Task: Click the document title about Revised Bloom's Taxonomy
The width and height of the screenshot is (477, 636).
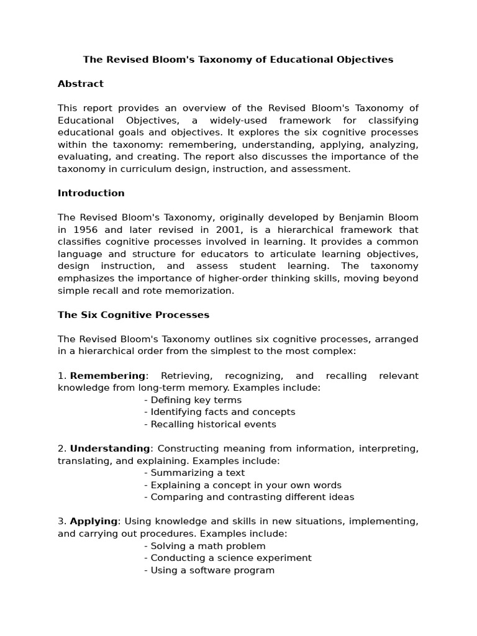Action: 238,60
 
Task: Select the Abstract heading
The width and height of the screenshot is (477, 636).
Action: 81,84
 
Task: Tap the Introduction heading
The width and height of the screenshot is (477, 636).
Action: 91,193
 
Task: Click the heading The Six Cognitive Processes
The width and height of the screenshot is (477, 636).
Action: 134,315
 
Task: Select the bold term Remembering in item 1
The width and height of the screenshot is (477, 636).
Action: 107,376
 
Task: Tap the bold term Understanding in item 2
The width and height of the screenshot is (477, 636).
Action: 110,448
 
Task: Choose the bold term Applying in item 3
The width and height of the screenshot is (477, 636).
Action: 93,521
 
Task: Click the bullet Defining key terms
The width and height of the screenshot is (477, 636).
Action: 193,400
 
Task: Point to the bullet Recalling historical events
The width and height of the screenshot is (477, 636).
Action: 210,425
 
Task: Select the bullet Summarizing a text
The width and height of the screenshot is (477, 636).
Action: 194,473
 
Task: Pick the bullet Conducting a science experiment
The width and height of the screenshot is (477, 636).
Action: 219,558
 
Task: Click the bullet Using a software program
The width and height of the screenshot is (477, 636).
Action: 209,570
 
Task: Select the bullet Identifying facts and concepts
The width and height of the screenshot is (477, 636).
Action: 219,412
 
